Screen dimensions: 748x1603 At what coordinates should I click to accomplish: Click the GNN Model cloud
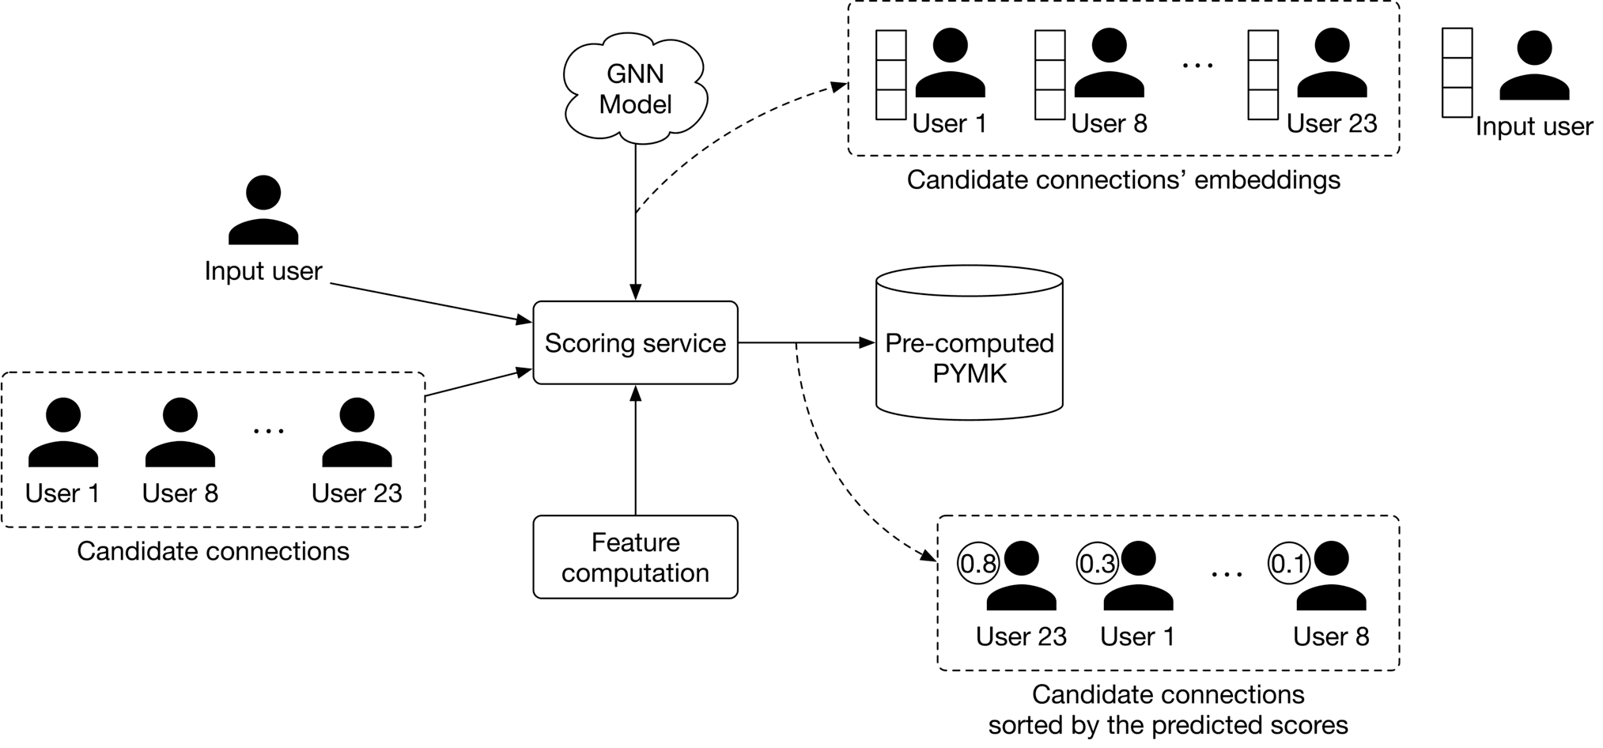635,89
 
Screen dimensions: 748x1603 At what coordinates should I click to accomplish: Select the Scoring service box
635,343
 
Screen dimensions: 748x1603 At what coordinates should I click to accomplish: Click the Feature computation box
635,557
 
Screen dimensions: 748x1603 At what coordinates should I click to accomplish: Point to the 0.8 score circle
978,564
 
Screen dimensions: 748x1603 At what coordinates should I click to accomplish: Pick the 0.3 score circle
1098,564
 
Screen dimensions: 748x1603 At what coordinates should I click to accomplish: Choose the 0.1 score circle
1288,564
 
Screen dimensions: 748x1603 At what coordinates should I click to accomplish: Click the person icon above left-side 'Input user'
263,210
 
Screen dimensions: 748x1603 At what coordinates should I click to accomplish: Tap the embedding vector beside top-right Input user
1457,73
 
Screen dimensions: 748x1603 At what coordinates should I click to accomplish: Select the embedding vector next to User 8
1049,75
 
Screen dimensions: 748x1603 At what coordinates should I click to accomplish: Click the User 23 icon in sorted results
1021,577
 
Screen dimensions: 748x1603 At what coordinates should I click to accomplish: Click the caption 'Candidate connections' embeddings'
1123,180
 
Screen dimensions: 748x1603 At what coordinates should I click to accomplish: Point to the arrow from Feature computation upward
635,451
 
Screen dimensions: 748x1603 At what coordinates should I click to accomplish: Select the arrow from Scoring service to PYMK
807,343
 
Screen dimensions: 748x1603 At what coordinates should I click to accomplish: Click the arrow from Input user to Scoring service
431,303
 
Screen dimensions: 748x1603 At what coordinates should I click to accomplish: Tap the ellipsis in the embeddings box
1197,66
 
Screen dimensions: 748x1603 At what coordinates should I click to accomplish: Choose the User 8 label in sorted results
1330,637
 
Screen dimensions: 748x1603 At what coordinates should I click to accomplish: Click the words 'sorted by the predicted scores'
1167,725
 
